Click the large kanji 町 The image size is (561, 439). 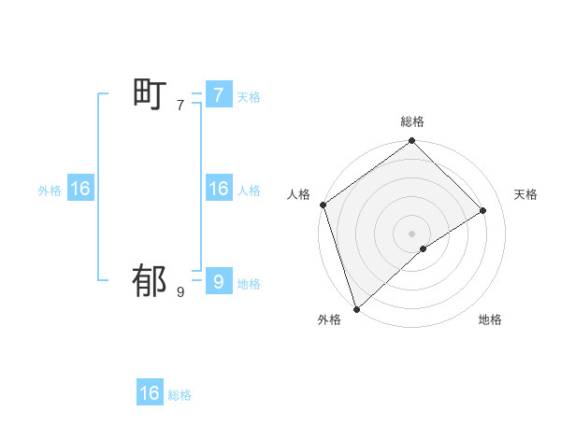click(x=150, y=94)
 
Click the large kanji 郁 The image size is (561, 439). click(x=150, y=280)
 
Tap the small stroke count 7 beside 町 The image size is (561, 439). click(x=180, y=106)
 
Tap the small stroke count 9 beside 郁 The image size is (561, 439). click(x=180, y=292)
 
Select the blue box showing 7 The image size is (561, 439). click(x=218, y=94)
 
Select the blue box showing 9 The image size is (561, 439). click(x=218, y=280)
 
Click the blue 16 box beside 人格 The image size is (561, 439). click(x=218, y=189)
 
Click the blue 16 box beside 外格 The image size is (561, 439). click(x=80, y=189)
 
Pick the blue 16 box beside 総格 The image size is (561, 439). click(x=150, y=393)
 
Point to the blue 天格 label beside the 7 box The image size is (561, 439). click(x=249, y=97)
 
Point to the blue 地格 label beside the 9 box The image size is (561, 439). click(x=249, y=284)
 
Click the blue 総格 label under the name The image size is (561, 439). click(x=180, y=396)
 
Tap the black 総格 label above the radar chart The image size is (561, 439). click(x=412, y=122)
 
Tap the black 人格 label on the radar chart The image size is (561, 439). click(x=299, y=194)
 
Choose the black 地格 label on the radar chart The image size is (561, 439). click(x=490, y=320)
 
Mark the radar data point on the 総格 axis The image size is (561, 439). click(x=412, y=142)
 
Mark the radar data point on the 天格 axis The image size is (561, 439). click(x=483, y=210)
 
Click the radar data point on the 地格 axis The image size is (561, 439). click(x=424, y=248)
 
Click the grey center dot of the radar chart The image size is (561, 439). click(x=412, y=233)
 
